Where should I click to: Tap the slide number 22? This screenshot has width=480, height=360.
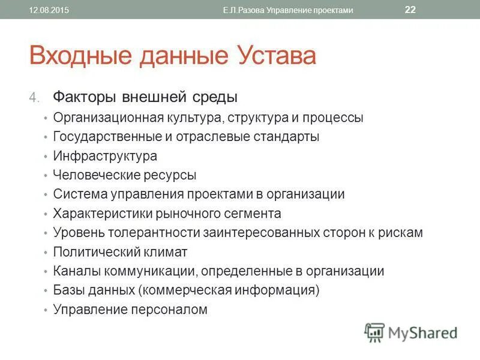point(410,10)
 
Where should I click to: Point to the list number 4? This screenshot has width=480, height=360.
point(35,97)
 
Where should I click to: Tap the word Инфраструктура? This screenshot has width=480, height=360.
point(105,156)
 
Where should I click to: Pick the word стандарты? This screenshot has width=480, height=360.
point(287,137)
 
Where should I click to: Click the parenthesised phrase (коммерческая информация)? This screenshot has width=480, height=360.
point(229,290)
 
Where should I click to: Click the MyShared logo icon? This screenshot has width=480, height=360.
point(374,332)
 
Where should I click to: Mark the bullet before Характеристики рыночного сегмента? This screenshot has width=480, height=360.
point(46,214)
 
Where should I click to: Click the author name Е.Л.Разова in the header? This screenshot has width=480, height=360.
point(245,10)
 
